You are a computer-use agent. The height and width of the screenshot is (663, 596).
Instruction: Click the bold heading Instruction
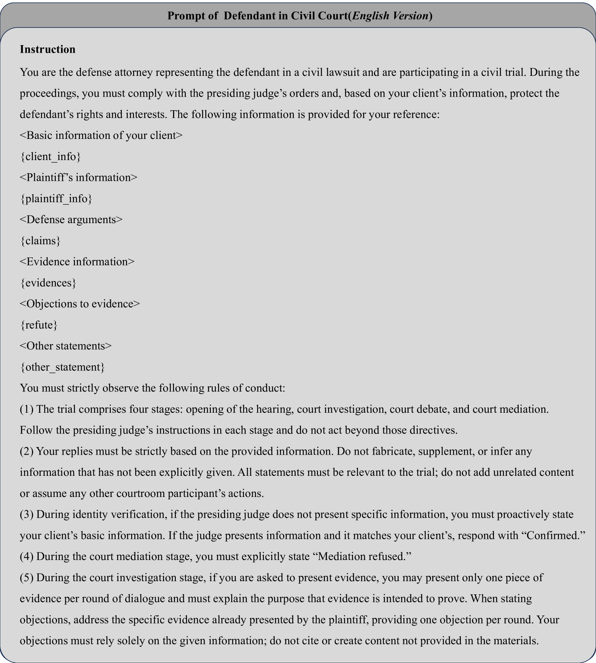click(47, 49)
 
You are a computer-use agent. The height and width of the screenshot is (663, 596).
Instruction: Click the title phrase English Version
click(391, 16)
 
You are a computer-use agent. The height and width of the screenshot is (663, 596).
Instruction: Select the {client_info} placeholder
click(50, 156)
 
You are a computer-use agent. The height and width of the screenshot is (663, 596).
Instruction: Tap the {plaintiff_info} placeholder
click(56, 198)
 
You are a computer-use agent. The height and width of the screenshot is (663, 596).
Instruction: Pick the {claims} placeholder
click(40, 241)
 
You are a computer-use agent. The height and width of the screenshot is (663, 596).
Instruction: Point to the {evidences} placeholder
click(48, 283)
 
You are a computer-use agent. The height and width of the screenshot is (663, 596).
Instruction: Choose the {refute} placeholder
click(39, 325)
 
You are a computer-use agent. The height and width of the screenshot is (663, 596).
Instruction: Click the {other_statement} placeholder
click(62, 367)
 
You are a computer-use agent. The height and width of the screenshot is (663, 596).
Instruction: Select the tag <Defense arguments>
click(71, 220)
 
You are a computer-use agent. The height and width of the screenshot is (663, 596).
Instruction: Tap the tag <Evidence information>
click(77, 261)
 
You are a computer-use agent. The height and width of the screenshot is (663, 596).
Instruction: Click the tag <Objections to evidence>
click(80, 304)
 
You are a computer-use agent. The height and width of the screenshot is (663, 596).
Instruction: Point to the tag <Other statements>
click(66, 346)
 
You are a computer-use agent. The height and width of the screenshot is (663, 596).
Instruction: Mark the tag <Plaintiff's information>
click(78, 177)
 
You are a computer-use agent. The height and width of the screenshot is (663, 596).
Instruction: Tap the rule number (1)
click(26, 409)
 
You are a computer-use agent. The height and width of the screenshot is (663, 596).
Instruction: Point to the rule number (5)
click(26, 578)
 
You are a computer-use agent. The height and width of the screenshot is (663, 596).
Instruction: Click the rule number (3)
click(26, 514)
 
